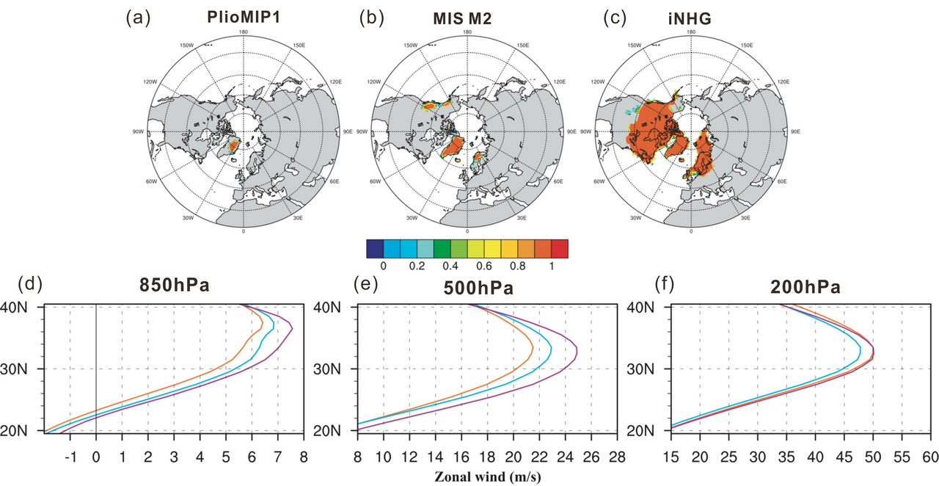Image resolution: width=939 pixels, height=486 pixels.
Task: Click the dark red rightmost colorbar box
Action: click(560, 248)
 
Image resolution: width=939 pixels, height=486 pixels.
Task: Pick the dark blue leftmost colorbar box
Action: click(374, 248)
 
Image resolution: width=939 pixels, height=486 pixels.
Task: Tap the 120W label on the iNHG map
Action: click(599, 81)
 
